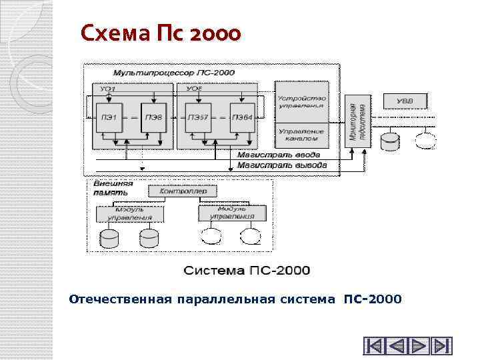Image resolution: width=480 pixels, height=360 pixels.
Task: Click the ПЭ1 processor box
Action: point(109,118)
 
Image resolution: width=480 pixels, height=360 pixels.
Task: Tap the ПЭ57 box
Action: point(198,118)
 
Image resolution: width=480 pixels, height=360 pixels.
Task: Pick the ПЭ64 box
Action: point(241,118)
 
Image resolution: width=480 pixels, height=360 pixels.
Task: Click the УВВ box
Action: point(405,101)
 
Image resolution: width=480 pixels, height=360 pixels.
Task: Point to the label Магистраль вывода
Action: point(283,163)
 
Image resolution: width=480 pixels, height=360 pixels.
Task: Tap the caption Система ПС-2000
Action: point(247,270)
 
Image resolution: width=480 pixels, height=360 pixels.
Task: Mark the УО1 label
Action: point(107,89)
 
